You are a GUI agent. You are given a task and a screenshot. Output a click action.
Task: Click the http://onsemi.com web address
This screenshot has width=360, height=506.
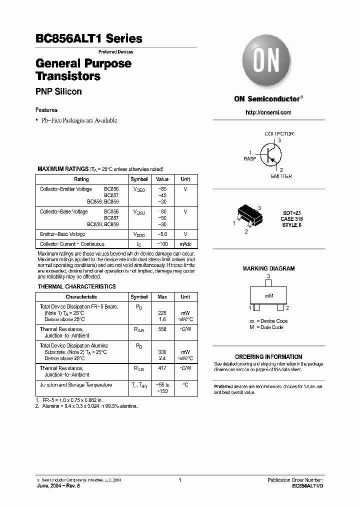(x=268, y=112)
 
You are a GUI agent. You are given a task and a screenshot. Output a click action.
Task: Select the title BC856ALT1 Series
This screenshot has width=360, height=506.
(x=89, y=38)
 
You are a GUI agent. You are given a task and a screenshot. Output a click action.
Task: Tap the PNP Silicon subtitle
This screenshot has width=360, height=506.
(x=58, y=91)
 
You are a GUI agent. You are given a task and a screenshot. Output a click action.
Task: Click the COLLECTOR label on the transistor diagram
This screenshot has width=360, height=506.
(x=279, y=134)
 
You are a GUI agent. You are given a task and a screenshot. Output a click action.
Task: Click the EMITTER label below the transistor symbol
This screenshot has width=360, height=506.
(x=281, y=176)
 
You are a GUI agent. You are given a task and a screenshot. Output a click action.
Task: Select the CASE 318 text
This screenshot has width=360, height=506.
(x=291, y=219)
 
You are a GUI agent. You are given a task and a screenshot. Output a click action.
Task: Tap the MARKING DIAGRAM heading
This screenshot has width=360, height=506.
(x=268, y=268)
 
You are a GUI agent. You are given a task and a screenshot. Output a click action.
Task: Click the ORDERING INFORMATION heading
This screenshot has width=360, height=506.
(x=268, y=357)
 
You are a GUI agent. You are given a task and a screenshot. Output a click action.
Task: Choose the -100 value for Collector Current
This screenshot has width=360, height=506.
(x=162, y=244)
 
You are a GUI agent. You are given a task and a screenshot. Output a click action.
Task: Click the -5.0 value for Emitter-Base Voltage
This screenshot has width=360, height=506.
(x=162, y=234)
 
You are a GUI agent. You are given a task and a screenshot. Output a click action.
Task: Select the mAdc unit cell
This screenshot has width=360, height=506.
(x=185, y=244)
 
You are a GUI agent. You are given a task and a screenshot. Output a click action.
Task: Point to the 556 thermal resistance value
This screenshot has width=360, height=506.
(x=162, y=329)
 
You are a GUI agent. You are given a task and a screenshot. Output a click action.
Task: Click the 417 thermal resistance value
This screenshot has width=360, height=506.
(x=162, y=368)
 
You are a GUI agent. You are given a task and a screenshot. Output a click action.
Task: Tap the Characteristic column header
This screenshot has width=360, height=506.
(x=81, y=297)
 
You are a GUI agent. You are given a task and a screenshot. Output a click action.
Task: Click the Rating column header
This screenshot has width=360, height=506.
(x=81, y=179)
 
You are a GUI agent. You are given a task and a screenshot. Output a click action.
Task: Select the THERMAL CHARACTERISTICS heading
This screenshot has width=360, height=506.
(x=77, y=286)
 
